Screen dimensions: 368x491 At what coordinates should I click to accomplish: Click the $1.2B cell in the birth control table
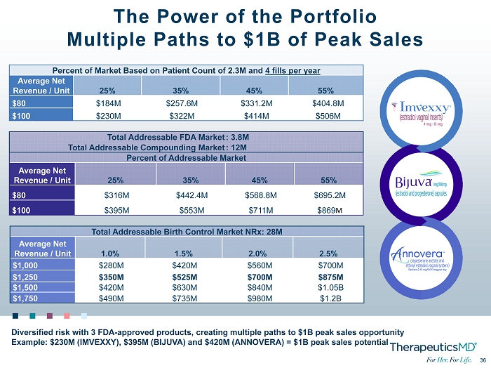tap(329, 299)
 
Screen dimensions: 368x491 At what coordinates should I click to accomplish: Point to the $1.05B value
tap(329, 287)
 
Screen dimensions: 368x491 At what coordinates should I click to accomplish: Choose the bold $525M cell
tap(184, 276)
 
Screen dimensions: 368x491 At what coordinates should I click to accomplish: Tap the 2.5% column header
tap(329, 253)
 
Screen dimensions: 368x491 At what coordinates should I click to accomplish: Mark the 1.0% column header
tap(109, 253)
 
